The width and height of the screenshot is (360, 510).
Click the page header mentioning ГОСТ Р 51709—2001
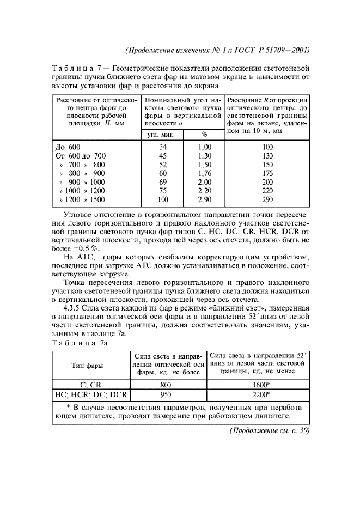tap(217, 51)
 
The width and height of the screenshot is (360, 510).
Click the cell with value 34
tap(162, 147)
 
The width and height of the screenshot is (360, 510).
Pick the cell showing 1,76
tap(204, 173)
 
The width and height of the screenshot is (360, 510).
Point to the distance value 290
tap(267, 199)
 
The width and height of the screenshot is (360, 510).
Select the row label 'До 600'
tap(68, 147)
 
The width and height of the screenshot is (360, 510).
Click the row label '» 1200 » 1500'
tap(80, 199)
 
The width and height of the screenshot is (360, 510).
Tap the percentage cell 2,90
tap(204, 199)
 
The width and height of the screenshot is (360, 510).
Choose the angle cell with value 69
tap(162, 182)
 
